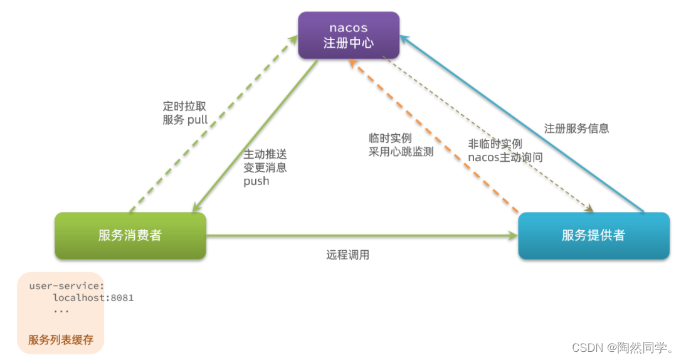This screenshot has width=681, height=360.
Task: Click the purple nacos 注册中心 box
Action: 349,35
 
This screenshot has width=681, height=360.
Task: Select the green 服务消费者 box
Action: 130,236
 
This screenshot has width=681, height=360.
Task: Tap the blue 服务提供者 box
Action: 593,236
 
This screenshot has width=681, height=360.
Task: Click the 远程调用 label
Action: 347,255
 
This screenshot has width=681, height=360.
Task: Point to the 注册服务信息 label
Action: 576,129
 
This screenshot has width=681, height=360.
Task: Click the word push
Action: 256,181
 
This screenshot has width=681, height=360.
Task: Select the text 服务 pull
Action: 185,120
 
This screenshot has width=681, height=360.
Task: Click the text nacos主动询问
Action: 505,157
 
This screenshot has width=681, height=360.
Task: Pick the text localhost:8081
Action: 93,298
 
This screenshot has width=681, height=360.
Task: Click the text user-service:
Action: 66,286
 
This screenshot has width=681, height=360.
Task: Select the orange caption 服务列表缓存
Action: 60,340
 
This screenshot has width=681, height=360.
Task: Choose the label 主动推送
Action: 265,154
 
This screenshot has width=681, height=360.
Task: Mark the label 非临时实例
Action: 495,144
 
